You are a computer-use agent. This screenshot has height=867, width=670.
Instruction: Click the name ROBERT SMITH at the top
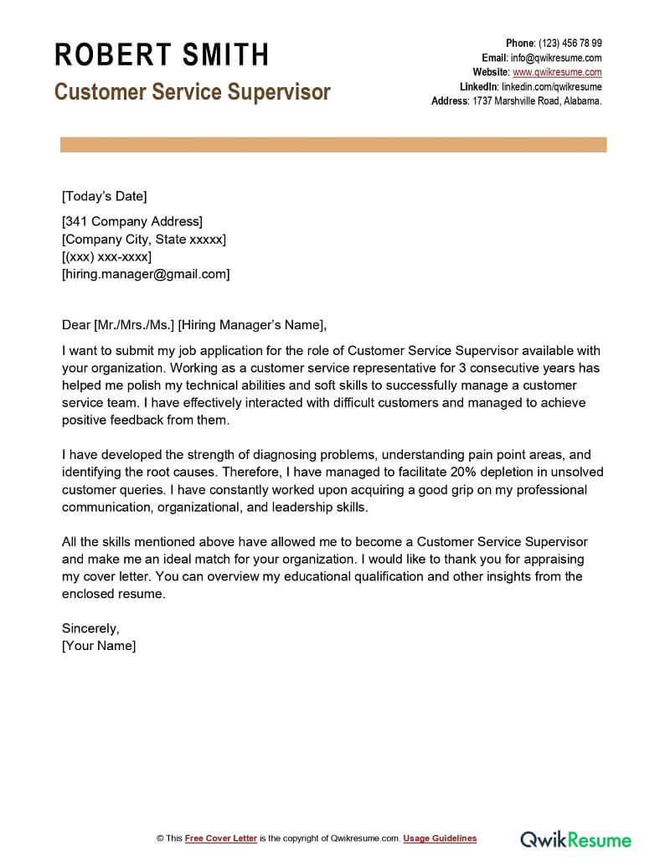[x=162, y=55]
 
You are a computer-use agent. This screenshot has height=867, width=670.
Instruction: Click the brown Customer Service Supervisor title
[x=192, y=91]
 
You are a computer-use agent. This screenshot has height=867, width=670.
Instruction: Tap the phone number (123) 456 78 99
[x=569, y=44]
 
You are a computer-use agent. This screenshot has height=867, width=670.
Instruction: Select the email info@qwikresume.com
[x=556, y=58]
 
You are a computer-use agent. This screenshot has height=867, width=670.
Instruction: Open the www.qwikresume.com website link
[x=556, y=72]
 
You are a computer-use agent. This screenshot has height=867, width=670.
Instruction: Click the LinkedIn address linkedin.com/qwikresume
[x=551, y=86]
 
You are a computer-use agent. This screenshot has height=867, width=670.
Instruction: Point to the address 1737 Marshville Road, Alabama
[x=536, y=101]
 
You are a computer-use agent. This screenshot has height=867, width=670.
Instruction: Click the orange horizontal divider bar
[x=333, y=145]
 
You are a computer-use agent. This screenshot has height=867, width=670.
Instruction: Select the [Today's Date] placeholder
[x=104, y=197]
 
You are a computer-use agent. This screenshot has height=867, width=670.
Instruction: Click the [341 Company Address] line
[x=132, y=222]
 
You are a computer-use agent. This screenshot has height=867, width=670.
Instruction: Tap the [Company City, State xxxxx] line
[x=144, y=240]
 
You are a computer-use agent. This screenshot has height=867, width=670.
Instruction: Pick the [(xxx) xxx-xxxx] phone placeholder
[x=106, y=257]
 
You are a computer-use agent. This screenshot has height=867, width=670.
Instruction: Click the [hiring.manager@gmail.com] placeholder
[x=146, y=274]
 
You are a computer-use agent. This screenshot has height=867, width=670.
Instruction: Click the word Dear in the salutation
[x=76, y=325]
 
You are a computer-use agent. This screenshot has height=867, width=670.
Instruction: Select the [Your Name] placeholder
[x=99, y=646]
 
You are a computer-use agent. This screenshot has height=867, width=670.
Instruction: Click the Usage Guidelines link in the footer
[x=440, y=839]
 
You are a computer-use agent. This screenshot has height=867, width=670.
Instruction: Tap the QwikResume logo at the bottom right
[x=575, y=839]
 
